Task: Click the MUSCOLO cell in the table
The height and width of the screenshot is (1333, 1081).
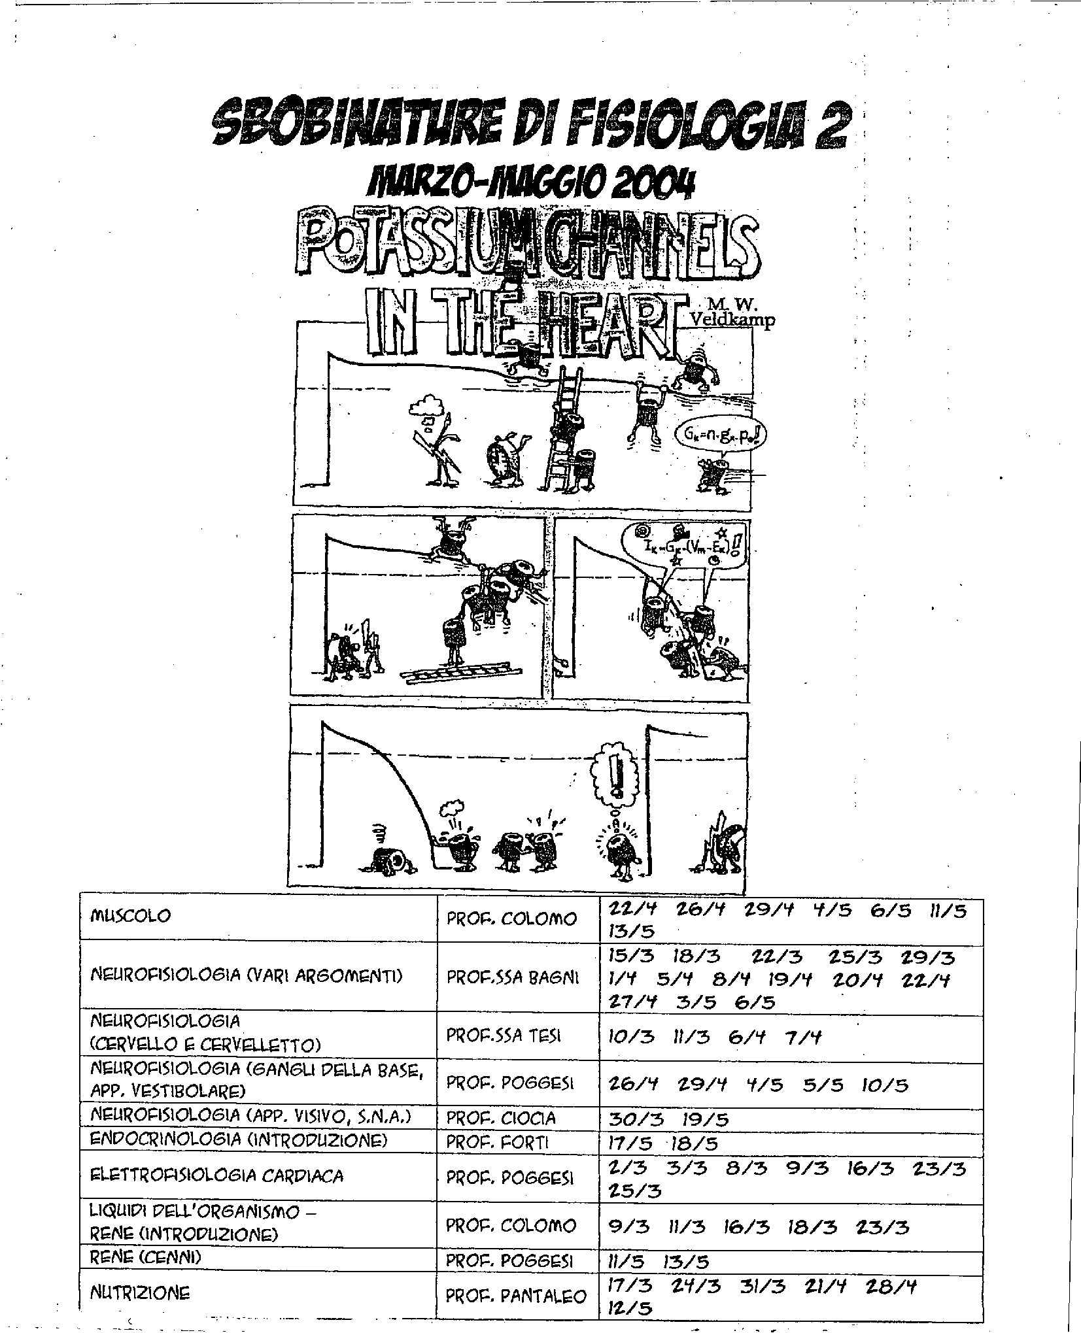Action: [x=129, y=915]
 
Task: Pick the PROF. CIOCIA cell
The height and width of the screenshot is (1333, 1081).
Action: [x=501, y=1118]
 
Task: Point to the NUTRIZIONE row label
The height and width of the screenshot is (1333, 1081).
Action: [x=140, y=1292]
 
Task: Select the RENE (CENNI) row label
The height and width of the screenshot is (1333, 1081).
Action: [x=145, y=1257]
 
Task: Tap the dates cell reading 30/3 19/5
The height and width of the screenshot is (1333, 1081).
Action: [x=668, y=1119]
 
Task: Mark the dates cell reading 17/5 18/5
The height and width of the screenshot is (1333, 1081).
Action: [x=663, y=1143]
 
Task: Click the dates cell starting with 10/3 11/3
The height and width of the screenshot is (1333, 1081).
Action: [x=714, y=1038]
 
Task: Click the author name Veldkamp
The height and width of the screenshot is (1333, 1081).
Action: [x=733, y=321]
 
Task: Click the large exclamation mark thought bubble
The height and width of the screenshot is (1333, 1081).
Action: [x=615, y=777]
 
